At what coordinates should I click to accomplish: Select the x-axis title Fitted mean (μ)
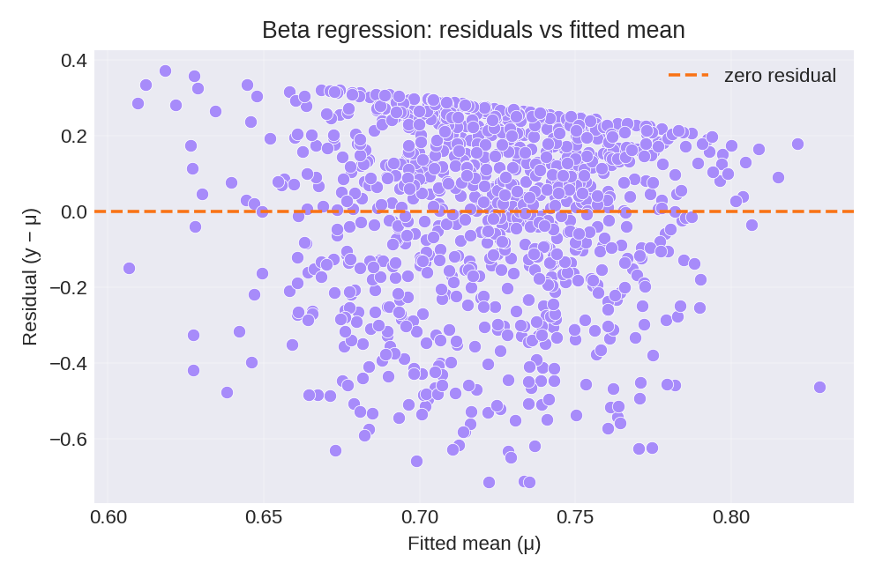pyautogui.click(x=474, y=544)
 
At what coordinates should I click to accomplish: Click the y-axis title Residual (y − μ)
pyautogui.click(x=30, y=276)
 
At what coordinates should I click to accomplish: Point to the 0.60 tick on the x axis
pyautogui.click(x=109, y=516)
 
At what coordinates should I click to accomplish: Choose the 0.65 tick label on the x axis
pyautogui.click(x=265, y=516)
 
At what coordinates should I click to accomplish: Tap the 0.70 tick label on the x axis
pyautogui.click(x=420, y=516)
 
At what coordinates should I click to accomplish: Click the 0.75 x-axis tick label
pyautogui.click(x=575, y=516)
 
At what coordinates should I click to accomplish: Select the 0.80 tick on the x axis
pyautogui.click(x=730, y=516)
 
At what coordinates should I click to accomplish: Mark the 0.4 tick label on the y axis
pyautogui.click(x=73, y=61)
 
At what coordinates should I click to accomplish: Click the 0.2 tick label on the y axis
pyautogui.click(x=73, y=136)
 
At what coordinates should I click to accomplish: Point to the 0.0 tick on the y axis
pyautogui.click(x=73, y=211)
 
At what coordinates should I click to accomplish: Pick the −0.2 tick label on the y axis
pyautogui.click(x=67, y=287)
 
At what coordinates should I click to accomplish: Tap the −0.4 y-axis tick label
pyautogui.click(x=67, y=363)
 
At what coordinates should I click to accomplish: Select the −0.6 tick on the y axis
pyautogui.click(x=67, y=439)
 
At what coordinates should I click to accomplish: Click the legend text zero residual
pyautogui.click(x=780, y=76)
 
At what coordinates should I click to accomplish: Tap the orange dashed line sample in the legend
pyautogui.click(x=688, y=76)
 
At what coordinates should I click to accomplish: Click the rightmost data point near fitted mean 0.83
pyautogui.click(x=819, y=387)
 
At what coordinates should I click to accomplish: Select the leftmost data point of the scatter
pyautogui.click(x=129, y=268)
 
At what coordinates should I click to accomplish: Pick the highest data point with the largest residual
pyautogui.click(x=165, y=70)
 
